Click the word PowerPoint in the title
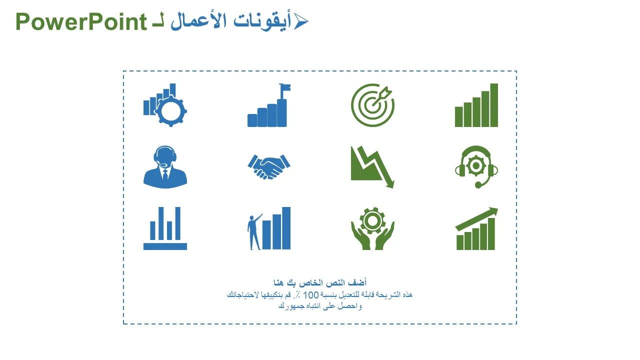(81, 22)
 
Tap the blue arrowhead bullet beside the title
(301, 21)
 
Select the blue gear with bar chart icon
(165, 105)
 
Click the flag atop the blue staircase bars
(285, 87)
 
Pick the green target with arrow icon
(372, 105)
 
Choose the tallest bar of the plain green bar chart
(494, 105)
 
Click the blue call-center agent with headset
(165, 167)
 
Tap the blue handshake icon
(269, 167)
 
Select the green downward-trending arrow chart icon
(372, 167)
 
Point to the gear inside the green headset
(476, 165)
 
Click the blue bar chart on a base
(165, 228)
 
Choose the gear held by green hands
(372, 220)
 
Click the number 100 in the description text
(310, 295)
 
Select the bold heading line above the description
(320, 283)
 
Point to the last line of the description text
(320, 306)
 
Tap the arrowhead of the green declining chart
(390, 183)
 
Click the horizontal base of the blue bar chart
(165, 246)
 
